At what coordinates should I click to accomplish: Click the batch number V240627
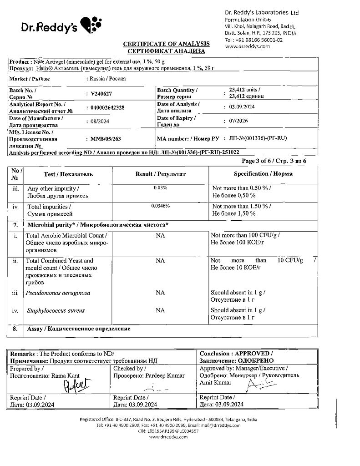[x=99, y=93]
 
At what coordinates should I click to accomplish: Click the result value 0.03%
[x=160, y=187]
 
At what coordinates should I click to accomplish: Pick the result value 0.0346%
[x=160, y=206]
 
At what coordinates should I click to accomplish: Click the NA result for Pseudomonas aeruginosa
[x=160, y=293]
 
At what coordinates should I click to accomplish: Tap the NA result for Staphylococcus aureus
[x=160, y=310]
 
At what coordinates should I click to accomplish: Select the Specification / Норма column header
[x=263, y=173]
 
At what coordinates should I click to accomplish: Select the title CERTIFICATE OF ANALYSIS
[x=166, y=44]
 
